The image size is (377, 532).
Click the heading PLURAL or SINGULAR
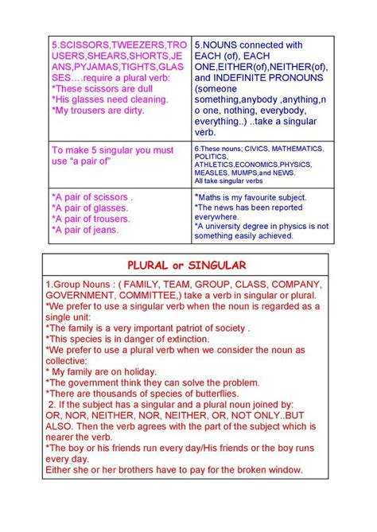point(188,264)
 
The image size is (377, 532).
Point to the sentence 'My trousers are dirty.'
point(99,111)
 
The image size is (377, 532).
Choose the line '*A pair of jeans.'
point(85,230)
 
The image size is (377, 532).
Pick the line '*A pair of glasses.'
point(90,208)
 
